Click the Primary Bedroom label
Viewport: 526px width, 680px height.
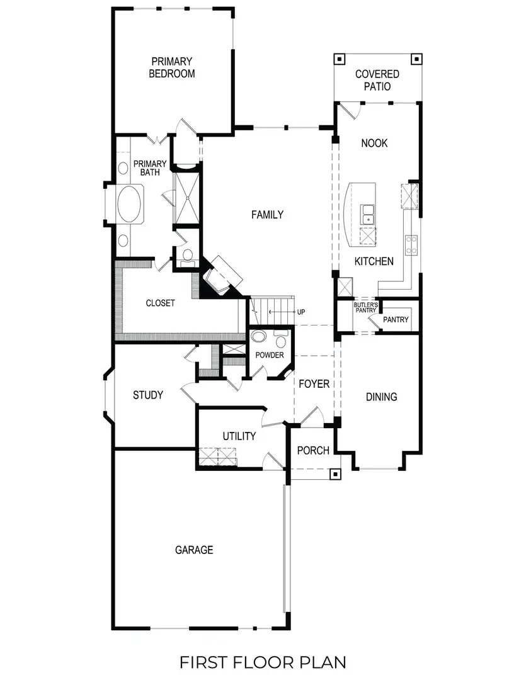pyautogui.click(x=171, y=67)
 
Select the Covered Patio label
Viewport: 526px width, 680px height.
pyautogui.click(x=377, y=81)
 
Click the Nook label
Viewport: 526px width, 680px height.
pyautogui.click(x=374, y=143)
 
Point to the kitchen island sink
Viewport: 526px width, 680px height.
pyautogui.click(x=367, y=214)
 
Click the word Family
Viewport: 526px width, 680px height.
pyautogui.click(x=267, y=215)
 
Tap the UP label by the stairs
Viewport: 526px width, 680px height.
pyautogui.click(x=301, y=312)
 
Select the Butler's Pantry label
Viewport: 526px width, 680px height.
pyautogui.click(x=365, y=308)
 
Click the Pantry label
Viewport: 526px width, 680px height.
pyautogui.click(x=396, y=320)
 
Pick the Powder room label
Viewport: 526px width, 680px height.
pyautogui.click(x=270, y=355)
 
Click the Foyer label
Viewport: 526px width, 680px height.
pyautogui.click(x=314, y=383)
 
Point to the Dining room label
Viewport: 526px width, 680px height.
pyautogui.click(x=382, y=397)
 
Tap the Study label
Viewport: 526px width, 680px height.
pyautogui.click(x=148, y=395)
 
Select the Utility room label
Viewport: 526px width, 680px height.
pyautogui.click(x=239, y=436)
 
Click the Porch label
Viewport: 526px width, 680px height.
pyautogui.click(x=313, y=450)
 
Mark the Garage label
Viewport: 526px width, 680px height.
pyautogui.click(x=194, y=550)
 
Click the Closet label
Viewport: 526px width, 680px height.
pyautogui.click(x=160, y=303)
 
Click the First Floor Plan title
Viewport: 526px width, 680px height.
pyautogui.click(x=263, y=662)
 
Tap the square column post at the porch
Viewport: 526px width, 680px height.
pyautogui.click(x=336, y=474)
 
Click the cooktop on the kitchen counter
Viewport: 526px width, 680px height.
pyautogui.click(x=411, y=246)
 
